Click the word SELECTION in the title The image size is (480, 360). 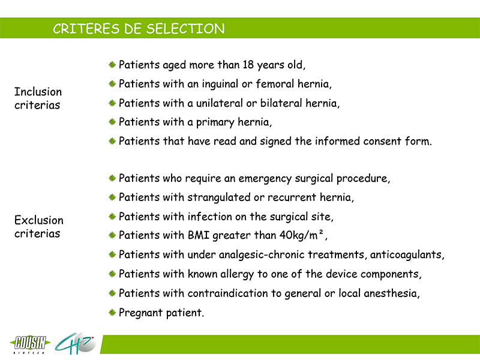click(185, 29)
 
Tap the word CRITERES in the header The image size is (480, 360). click(86, 29)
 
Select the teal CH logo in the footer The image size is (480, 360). click(75, 343)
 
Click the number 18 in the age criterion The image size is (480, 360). click(248, 65)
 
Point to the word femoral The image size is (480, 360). click(275, 83)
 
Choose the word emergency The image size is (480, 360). click(265, 179)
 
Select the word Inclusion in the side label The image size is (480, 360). click(38, 92)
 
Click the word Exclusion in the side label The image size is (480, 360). click(39, 220)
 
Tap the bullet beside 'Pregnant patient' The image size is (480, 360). click(112, 313)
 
